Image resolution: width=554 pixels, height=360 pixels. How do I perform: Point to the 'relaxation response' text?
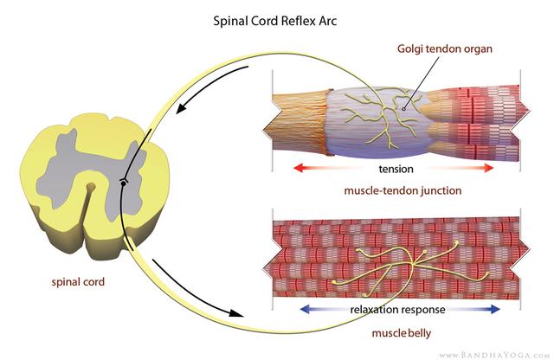396,309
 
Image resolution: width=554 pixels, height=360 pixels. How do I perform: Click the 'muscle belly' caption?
396,331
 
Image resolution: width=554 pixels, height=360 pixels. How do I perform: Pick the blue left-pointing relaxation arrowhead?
303,309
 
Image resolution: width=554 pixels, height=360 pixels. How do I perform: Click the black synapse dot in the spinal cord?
124,182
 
